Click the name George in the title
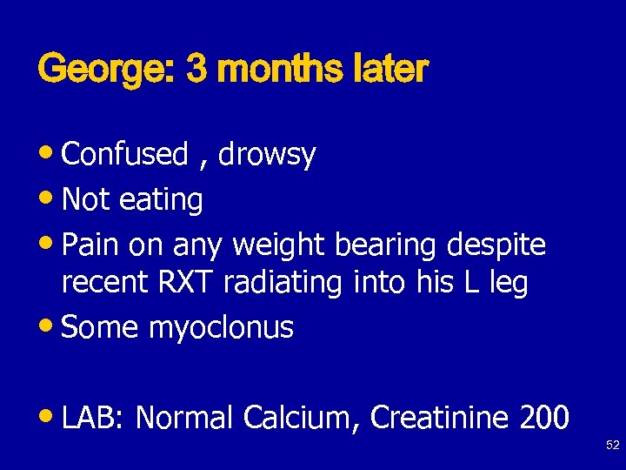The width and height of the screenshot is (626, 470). (104, 69)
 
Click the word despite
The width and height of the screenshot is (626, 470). (496, 246)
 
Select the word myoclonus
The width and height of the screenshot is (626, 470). (221, 328)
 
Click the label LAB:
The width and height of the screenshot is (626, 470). (96, 418)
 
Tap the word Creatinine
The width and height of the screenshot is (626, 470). (440, 418)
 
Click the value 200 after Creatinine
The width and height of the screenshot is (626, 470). (544, 418)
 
